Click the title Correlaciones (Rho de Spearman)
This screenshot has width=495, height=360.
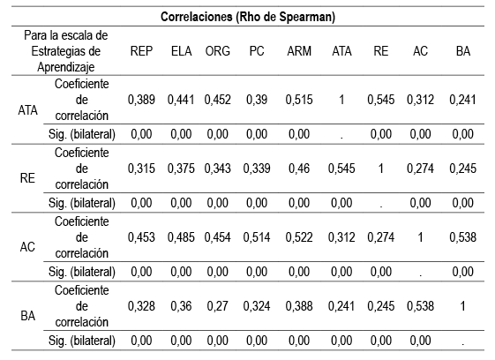pos(247,16)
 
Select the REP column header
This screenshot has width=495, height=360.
pos(143,51)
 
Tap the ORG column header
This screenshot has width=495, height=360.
pos(219,51)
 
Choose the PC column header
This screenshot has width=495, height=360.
pos(258,51)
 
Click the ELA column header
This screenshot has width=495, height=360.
pos(182,51)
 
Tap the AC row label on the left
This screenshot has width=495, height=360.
pos(27,248)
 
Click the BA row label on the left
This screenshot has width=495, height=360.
pos(27,315)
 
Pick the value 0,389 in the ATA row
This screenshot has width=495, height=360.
pos(143,101)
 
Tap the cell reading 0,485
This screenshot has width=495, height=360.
pos(182,237)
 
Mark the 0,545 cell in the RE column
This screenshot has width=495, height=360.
pos(381,101)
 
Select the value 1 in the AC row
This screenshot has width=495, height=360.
pos(421,237)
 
